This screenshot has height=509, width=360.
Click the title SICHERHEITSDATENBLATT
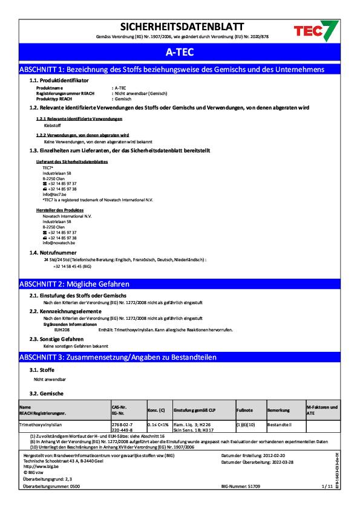click(182, 27)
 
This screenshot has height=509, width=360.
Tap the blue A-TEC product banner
click(180, 53)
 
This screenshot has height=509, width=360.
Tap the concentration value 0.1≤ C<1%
click(158, 427)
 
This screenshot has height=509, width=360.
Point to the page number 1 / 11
click(327, 485)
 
